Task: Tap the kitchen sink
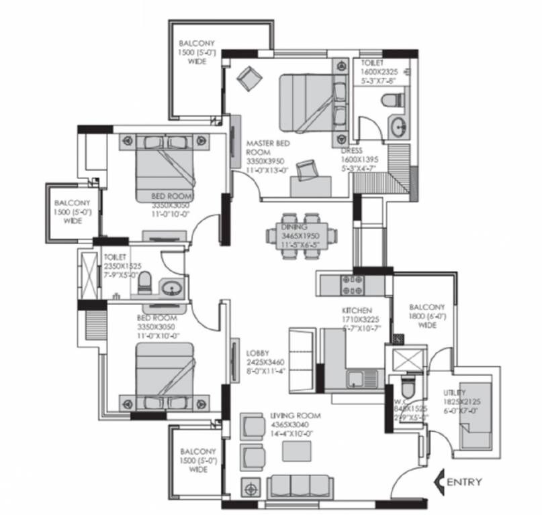[354, 380]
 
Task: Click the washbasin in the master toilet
[398, 125]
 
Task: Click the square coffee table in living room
[296, 451]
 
